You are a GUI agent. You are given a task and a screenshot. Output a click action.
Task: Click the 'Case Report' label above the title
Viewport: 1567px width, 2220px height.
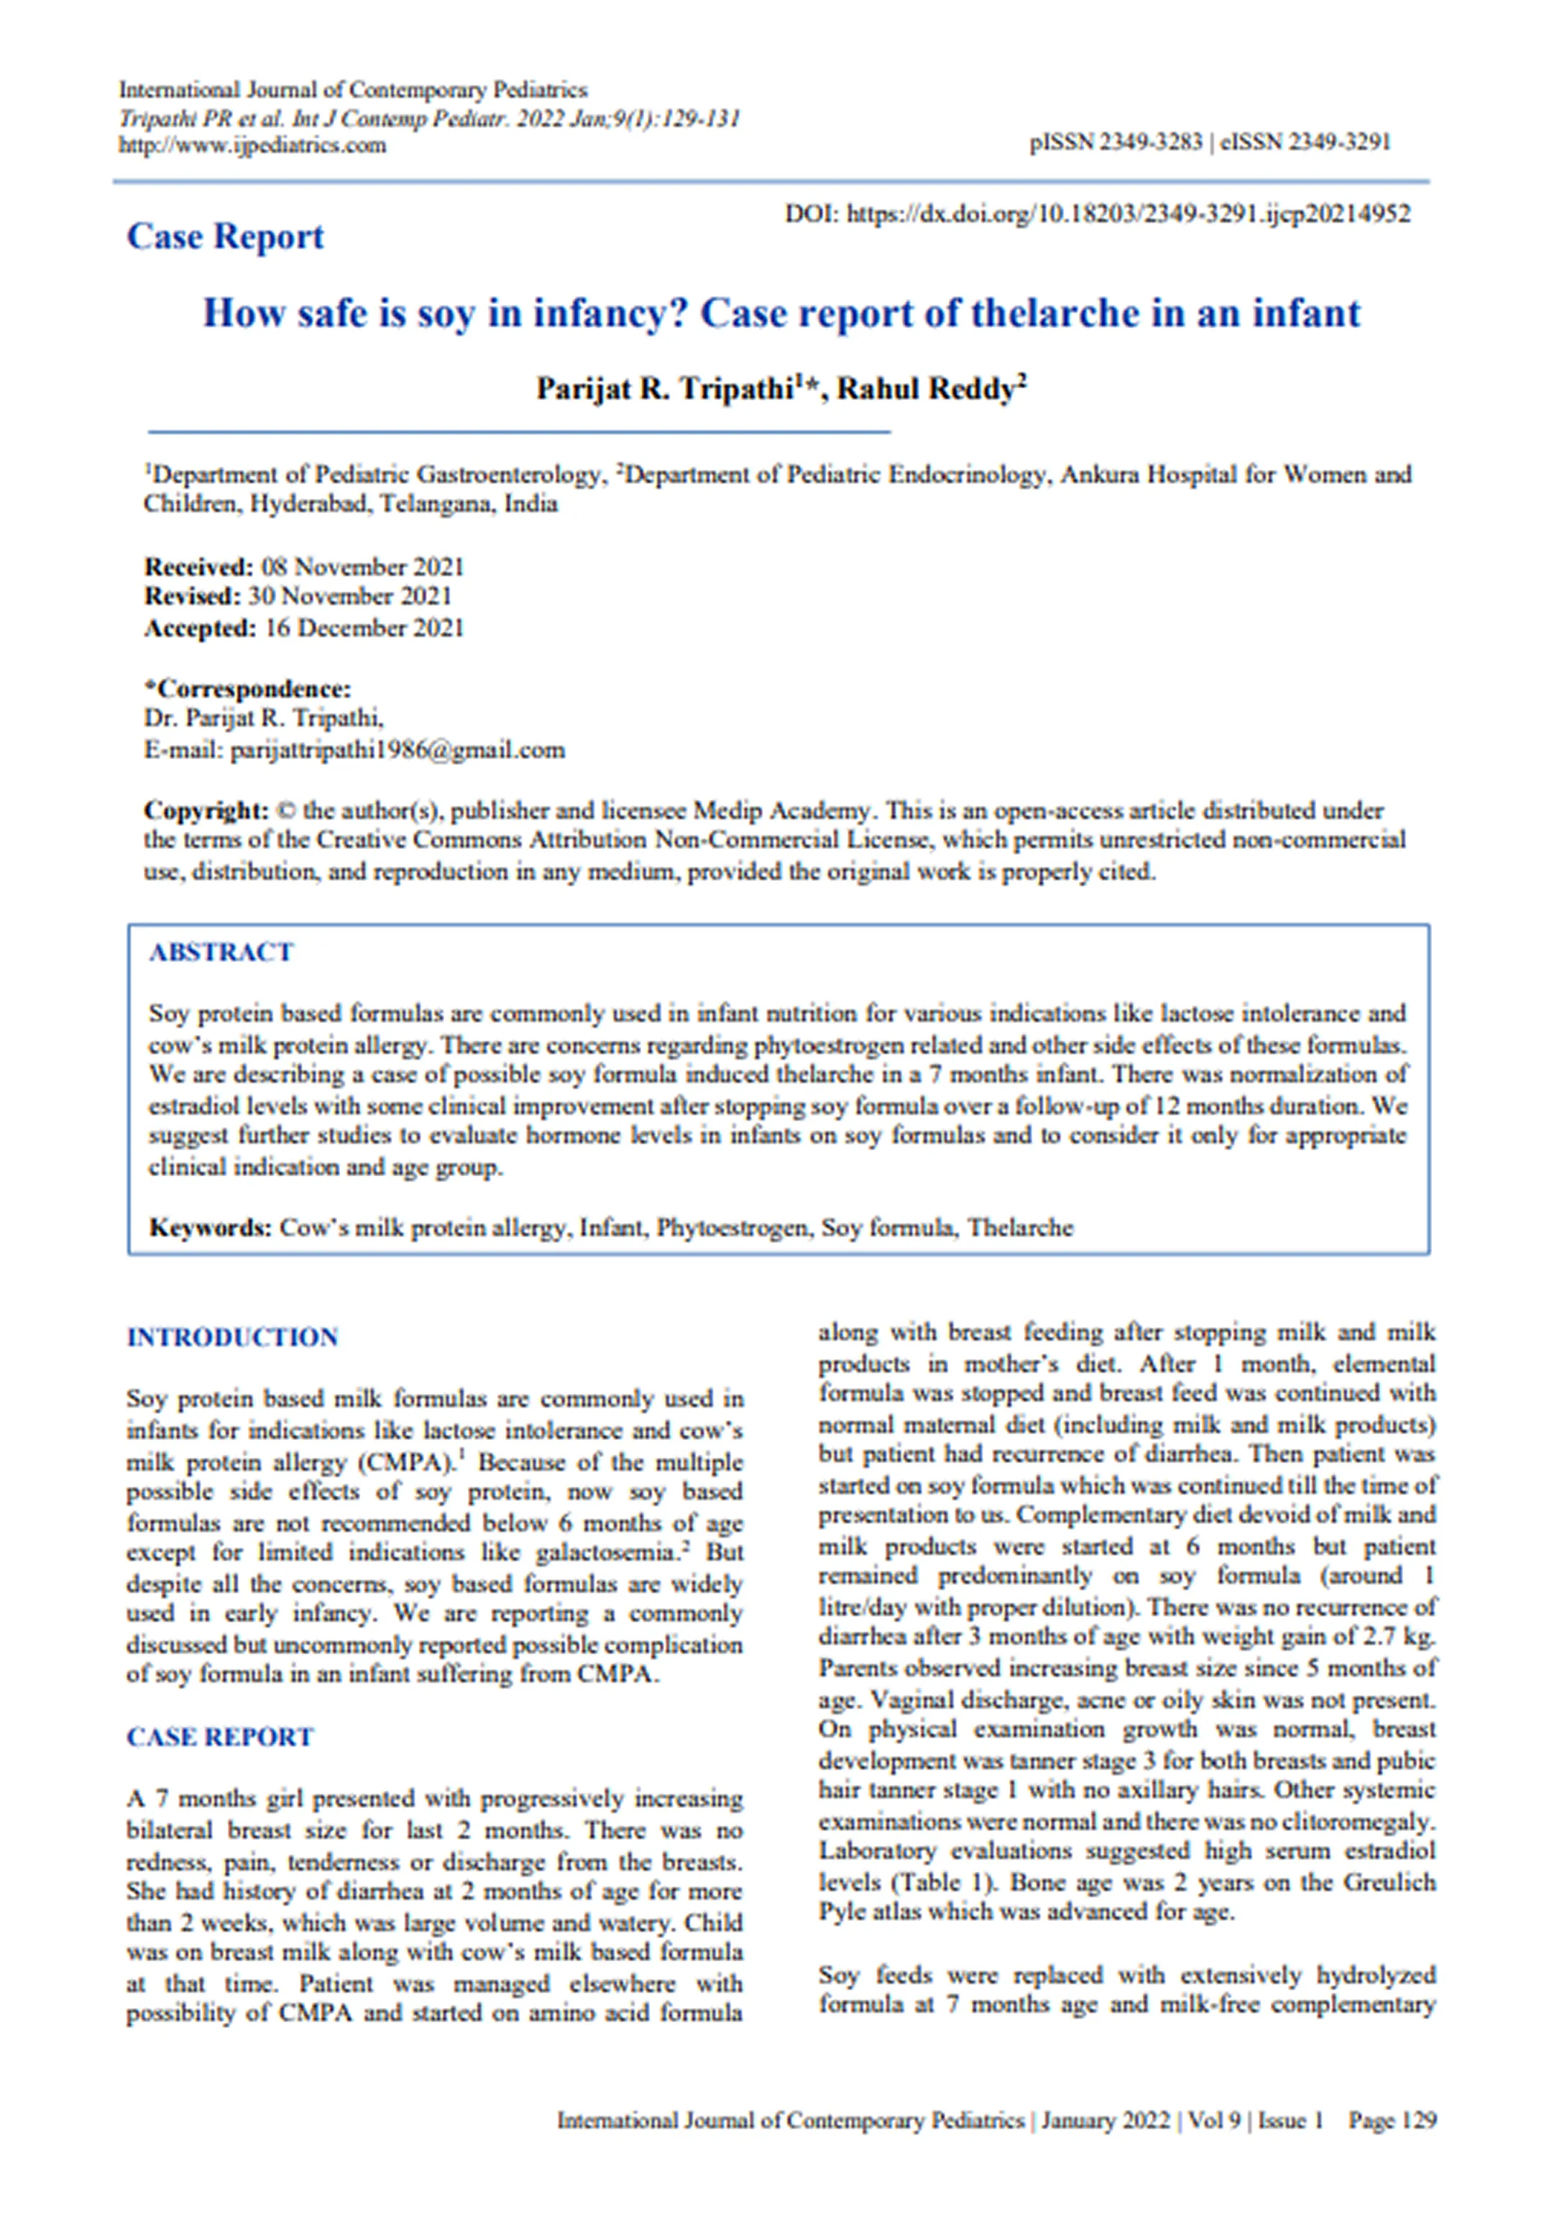click(x=225, y=237)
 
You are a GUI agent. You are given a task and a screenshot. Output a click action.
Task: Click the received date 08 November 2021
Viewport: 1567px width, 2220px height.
click(x=362, y=567)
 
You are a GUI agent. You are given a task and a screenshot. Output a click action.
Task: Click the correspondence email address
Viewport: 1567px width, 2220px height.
click(x=398, y=751)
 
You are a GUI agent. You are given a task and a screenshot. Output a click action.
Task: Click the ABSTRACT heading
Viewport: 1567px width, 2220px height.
click(x=221, y=953)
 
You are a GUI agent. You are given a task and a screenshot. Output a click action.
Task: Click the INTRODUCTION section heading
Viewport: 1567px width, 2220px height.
click(x=232, y=1337)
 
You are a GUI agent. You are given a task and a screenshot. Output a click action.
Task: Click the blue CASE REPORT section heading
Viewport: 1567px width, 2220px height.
click(x=221, y=1738)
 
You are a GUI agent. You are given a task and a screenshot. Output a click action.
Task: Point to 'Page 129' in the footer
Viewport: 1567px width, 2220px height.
click(x=1392, y=2120)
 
